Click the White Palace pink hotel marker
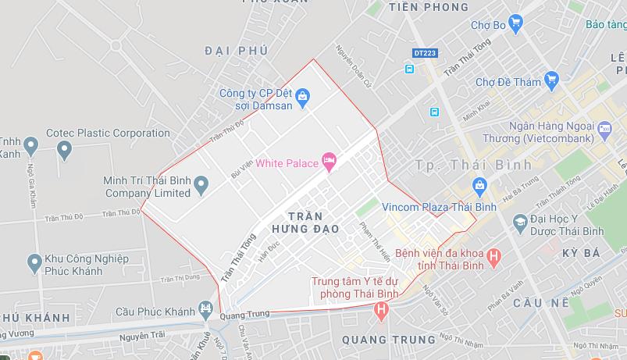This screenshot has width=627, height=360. point(329,162)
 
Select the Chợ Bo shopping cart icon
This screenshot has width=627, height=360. point(515,24)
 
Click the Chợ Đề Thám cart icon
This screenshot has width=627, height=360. point(552,79)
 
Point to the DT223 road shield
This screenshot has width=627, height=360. point(425,52)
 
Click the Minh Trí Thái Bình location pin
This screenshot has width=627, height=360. point(201,186)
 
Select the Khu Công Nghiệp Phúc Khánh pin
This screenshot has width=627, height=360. point(34,262)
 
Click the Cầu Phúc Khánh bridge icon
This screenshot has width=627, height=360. point(205,310)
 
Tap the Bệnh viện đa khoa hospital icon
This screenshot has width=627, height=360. point(493,256)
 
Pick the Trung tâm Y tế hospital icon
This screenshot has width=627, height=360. point(381,310)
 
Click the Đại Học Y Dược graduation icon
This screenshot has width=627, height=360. point(519,223)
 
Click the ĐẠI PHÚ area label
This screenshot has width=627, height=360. point(236,51)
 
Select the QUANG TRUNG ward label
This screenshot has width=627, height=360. point(388,340)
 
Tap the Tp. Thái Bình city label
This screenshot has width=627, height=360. point(473,165)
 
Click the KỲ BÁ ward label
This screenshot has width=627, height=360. point(580,253)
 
